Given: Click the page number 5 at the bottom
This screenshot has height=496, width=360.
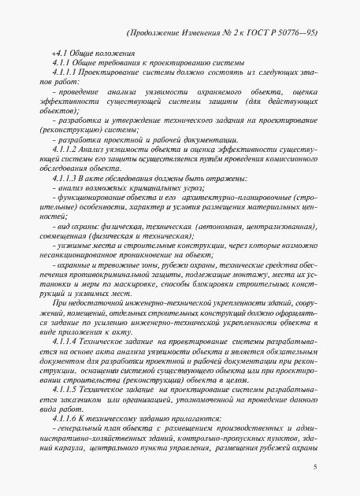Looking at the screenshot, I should (x=314, y=467).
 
